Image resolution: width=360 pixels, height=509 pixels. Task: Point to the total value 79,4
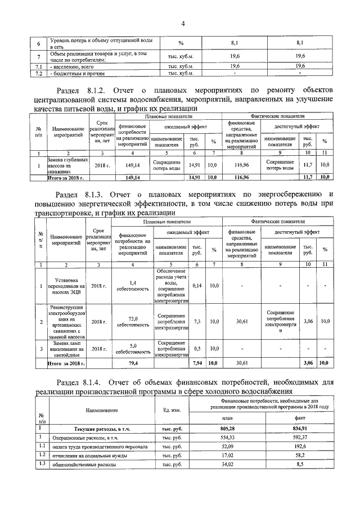point(133,364)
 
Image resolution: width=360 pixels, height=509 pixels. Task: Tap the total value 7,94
point(197,364)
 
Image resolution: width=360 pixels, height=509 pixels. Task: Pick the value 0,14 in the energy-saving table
point(197,286)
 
